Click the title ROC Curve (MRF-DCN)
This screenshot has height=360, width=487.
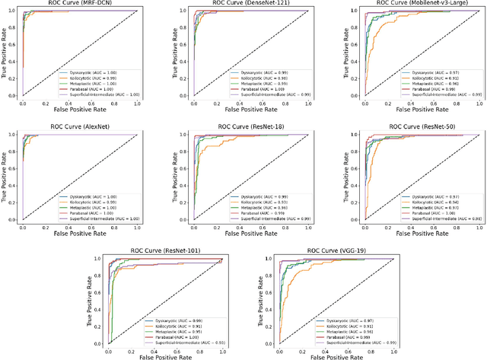pos(78,5)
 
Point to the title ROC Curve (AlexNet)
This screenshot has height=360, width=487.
pos(78,128)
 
